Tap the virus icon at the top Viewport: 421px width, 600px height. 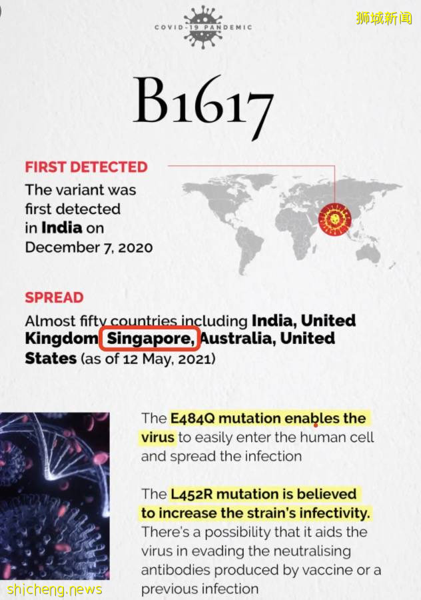click(x=203, y=27)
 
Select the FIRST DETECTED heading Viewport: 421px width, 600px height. click(x=87, y=167)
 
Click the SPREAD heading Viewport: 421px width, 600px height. click(x=55, y=298)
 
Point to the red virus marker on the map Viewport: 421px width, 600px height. click(x=334, y=219)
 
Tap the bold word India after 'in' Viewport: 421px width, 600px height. click(x=61, y=228)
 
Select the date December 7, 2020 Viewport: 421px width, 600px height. click(x=89, y=247)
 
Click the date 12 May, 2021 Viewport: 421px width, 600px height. click(x=167, y=359)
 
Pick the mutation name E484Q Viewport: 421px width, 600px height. click(x=193, y=418)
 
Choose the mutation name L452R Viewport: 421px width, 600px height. click(x=191, y=493)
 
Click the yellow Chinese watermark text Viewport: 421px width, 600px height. click(x=384, y=18)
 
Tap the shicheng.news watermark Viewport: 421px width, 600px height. click(x=55, y=589)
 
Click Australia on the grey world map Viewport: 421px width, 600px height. click(x=368, y=253)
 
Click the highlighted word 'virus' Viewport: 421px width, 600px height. click(x=157, y=437)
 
